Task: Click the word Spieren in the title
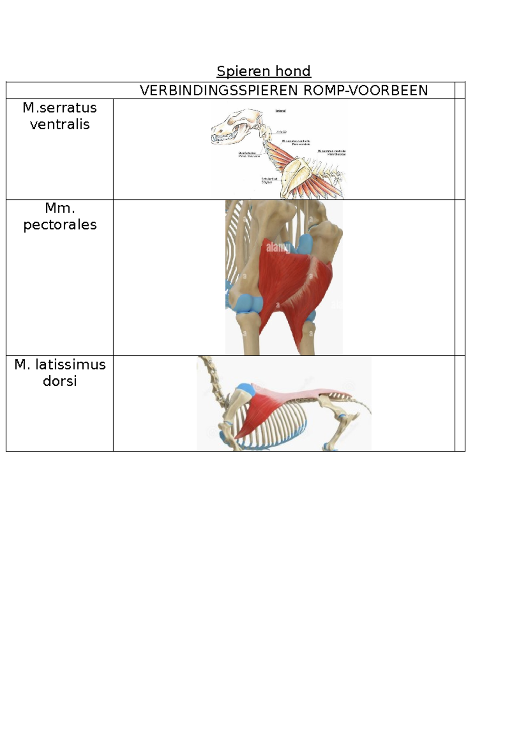point(243,71)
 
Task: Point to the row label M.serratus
point(60,108)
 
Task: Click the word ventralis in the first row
point(60,125)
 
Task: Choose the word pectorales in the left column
point(60,225)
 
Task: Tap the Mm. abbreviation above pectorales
point(60,208)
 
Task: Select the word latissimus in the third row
point(70,365)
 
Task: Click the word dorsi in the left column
point(60,381)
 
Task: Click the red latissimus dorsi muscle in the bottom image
point(255,414)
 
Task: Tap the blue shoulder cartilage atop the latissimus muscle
point(244,389)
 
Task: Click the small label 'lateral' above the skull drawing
point(281,111)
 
